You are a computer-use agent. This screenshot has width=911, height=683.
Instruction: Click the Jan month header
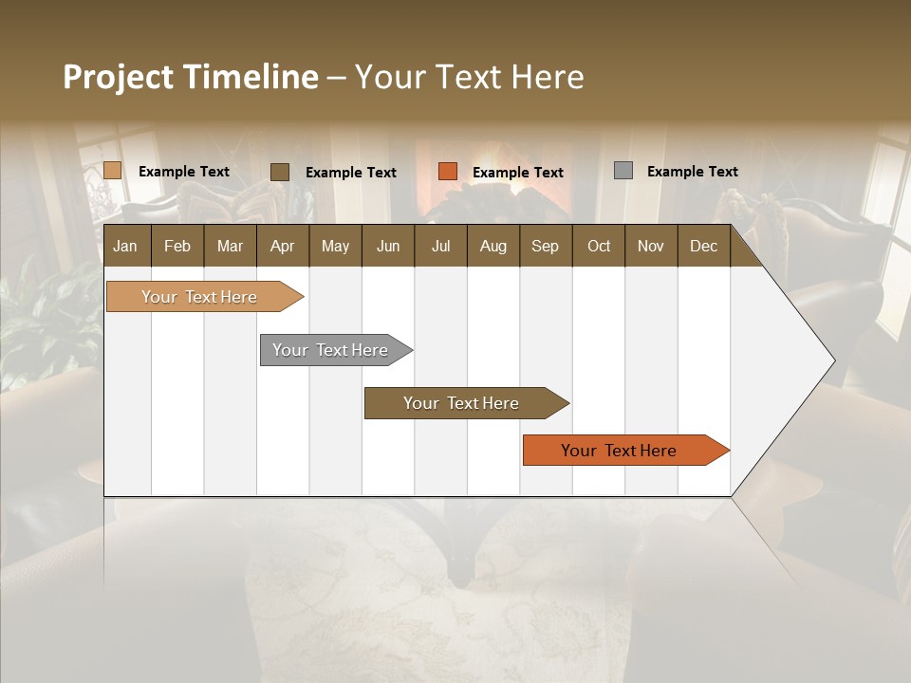(125, 246)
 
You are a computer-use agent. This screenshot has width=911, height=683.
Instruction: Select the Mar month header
(230, 246)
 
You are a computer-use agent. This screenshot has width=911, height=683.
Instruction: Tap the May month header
(335, 246)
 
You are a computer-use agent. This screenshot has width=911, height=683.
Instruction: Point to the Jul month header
(440, 246)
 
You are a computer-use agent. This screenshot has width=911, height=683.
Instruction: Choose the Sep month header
(545, 246)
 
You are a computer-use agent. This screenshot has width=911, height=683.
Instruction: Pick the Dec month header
(703, 246)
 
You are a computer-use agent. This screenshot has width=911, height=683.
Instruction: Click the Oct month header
(599, 246)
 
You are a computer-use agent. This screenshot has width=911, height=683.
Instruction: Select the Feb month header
(177, 246)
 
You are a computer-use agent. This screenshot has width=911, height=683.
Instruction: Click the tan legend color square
(113, 171)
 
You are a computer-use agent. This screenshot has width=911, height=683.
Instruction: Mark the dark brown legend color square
(280, 172)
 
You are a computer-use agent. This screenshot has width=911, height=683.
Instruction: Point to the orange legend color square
(448, 172)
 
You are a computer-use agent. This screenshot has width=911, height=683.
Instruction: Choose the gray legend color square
(623, 171)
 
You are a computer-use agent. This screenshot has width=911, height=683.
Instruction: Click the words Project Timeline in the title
(191, 77)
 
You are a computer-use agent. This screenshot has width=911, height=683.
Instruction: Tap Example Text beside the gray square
(692, 172)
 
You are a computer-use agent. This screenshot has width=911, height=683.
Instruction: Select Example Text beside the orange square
(517, 173)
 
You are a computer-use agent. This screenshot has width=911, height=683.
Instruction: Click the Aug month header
(493, 246)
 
